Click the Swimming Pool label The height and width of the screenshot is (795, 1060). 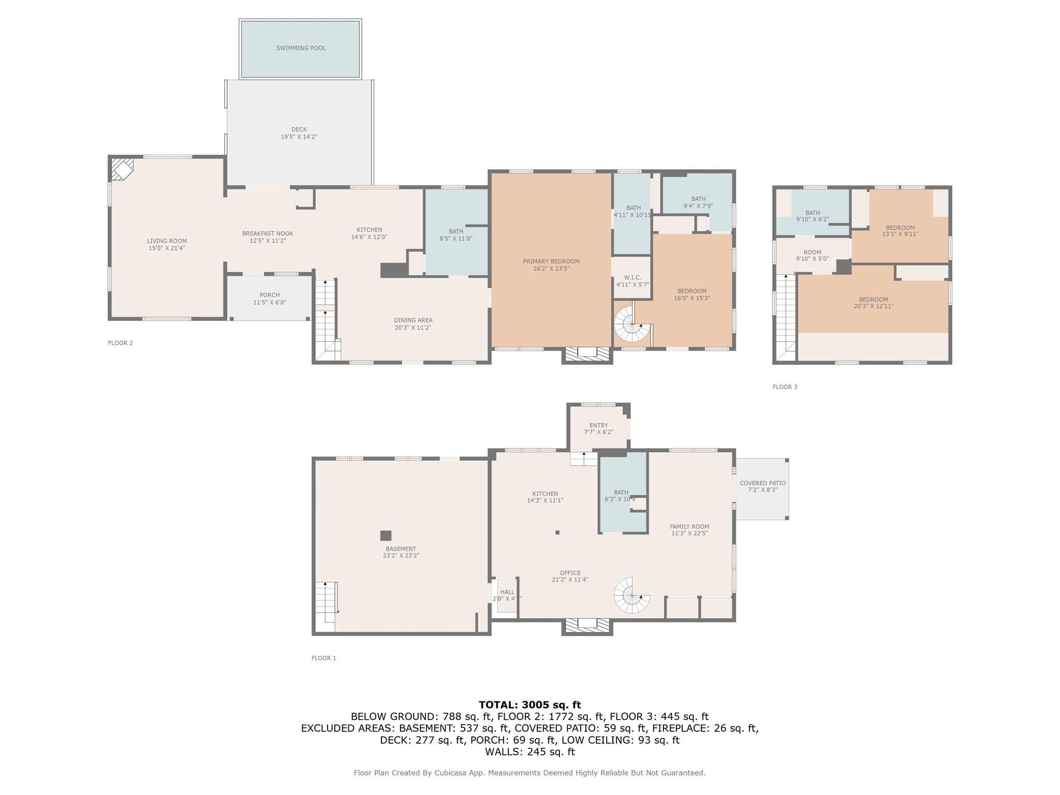(x=301, y=48)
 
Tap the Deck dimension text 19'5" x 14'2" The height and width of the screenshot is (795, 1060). (x=299, y=137)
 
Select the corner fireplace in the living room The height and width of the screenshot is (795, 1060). (x=122, y=169)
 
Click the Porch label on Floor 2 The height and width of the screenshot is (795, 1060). (x=269, y=295)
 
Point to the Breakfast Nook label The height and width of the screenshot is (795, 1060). (x=268, y=234)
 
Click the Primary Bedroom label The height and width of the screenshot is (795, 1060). (x=551, y=261)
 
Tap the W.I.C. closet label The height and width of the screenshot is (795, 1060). (x=632, y=278)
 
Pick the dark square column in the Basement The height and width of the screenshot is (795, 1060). (x=386, y=536)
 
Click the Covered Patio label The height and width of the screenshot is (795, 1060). (x=762, y=483)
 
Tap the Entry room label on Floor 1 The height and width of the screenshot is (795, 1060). (x=598, y=425)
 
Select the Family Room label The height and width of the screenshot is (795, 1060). (x=689, y=526)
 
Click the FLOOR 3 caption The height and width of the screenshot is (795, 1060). (x=785, y=387)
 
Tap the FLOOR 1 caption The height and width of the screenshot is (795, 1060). (x=323, y=658)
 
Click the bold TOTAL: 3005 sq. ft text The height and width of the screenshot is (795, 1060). (x=529, y=704)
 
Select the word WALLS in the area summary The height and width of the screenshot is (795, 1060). (x=503, y=752)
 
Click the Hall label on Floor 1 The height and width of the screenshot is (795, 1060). (x=507, y=592)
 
